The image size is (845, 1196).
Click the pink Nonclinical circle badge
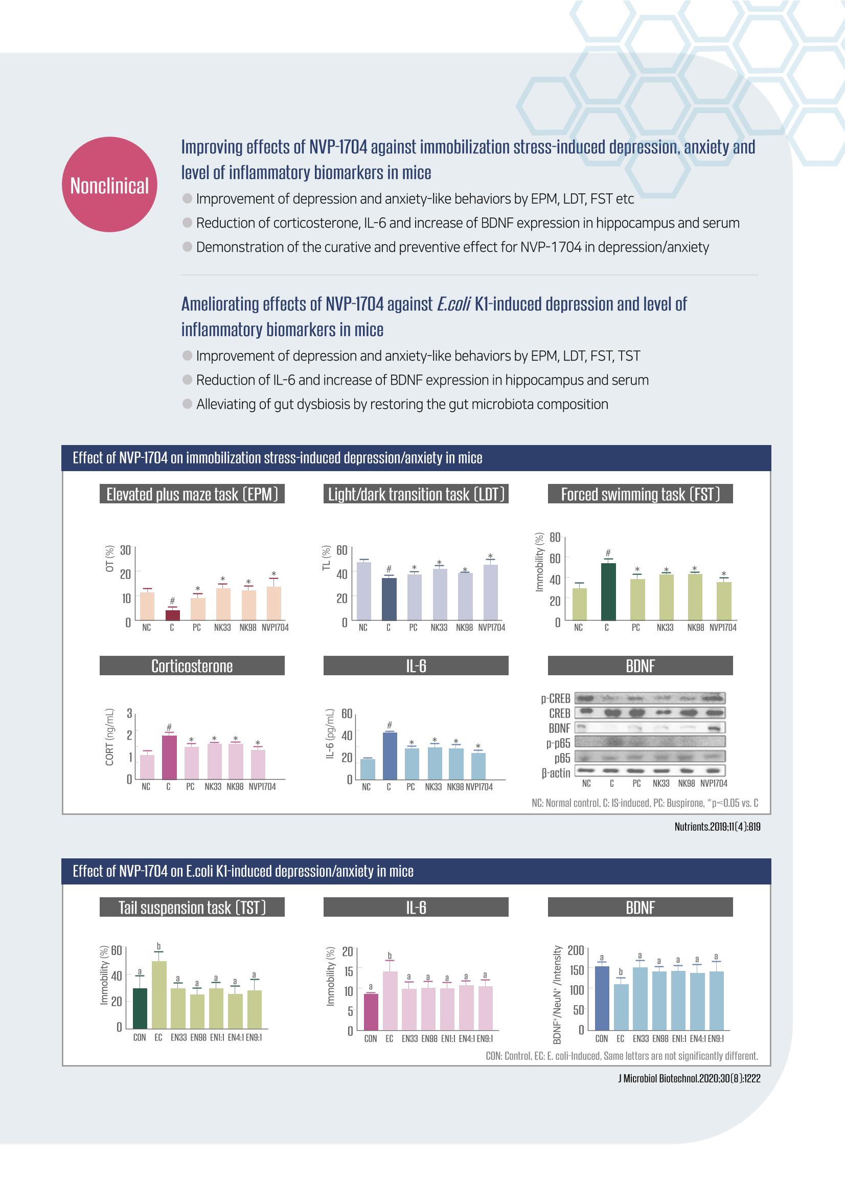[109, 184]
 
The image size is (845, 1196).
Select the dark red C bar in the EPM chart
[173, 615]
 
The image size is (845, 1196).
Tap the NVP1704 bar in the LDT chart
[490, 592]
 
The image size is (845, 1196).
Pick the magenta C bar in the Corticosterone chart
[169, 757]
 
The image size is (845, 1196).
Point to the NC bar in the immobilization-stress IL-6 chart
[368, 769]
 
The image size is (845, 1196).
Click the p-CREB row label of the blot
[556, 698]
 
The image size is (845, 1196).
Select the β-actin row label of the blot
[556, 772]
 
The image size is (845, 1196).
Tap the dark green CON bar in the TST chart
[140, 1008]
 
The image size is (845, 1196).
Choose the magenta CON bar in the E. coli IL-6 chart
[371, 1012]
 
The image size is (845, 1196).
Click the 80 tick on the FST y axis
[555, 537]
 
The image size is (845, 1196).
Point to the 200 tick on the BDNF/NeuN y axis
[575, 950]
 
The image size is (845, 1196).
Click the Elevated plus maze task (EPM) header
[192, 494]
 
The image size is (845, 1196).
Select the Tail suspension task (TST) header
[192, 907]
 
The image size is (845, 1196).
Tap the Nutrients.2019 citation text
[717, 827]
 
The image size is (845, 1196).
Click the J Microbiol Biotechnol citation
[689, 1078]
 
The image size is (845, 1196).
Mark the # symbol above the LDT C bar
[389, 569]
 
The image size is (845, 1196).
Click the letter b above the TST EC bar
[159, 946]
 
